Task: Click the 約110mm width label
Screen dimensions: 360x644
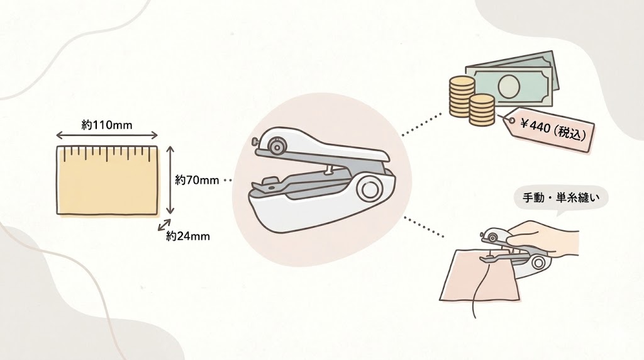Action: (107, 125)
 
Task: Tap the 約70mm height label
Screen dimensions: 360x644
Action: (197, 180)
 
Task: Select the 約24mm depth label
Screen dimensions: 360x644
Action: (188, 236)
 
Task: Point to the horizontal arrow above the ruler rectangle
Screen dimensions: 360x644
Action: (107, 135)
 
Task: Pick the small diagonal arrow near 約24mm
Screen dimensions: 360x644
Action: (164, 226)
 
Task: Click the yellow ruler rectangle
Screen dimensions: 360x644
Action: (106, 183)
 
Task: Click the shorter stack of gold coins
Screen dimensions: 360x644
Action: (482, 110)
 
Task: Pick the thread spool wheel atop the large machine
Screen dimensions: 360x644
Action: (275, 147)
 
